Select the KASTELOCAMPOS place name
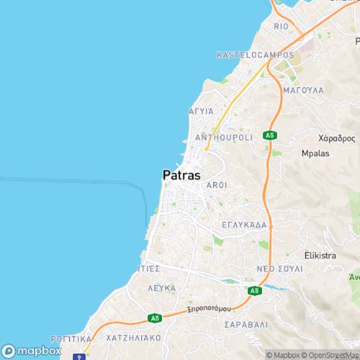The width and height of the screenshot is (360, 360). (256, 55)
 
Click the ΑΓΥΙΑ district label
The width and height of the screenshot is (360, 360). (201, 112)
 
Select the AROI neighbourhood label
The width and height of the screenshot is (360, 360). (217, 185)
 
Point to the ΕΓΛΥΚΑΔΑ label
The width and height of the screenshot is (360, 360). (245, 225)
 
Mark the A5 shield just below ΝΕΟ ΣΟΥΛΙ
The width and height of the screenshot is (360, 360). (253, 290)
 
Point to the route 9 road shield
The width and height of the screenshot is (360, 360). (76, 355)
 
